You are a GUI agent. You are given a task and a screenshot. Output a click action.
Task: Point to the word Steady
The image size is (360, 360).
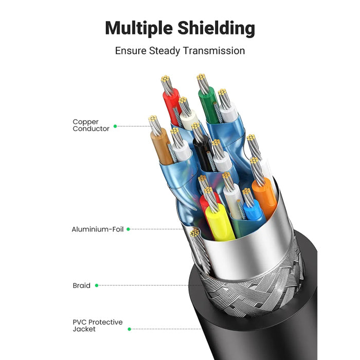coord(167,51)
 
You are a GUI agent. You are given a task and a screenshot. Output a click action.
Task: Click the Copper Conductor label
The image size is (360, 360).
coord(91,125)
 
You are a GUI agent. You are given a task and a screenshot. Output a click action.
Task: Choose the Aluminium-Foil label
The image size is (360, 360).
coord(98,229)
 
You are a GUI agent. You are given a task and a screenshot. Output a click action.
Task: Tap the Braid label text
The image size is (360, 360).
coord(81,285)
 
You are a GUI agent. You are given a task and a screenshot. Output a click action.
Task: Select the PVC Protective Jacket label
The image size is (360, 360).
coord(98,326)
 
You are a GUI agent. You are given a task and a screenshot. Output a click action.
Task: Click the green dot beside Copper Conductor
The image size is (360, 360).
coord(115,126)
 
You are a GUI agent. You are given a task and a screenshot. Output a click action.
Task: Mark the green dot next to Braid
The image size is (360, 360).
coord(97,285)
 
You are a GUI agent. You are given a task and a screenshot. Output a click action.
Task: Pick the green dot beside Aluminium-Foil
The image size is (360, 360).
coord(128,229)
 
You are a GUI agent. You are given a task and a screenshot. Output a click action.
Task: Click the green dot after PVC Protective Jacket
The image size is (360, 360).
coord(129,329)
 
